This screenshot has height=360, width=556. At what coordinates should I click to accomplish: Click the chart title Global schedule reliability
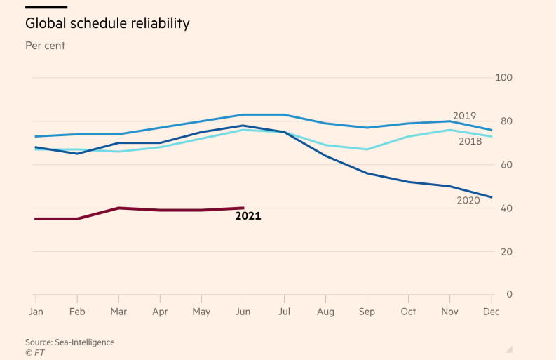(x=107, y=23)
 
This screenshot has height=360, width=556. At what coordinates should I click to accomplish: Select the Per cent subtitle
(x=46, y=46)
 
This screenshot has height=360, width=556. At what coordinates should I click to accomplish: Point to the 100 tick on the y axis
(x=504, y=78)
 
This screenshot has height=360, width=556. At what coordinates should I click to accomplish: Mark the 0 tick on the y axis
(x=508, y=295)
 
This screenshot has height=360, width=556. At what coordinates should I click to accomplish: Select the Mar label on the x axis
(x=118, y=311)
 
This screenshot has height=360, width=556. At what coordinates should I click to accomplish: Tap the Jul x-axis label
(x=285, y=311)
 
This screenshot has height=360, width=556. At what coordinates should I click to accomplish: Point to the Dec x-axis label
(x=491, y=311)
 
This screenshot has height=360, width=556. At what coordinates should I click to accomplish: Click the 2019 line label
(x=464, y=116)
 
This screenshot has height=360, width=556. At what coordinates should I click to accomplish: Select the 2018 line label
(x=470, y=142)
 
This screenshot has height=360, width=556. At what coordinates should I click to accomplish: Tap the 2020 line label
(x=468, y=201)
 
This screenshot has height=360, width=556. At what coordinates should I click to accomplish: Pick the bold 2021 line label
(x=248, y=216)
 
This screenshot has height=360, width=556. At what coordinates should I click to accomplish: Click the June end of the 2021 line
(x=243, y=208)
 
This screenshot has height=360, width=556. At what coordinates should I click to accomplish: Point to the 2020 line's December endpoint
(x=491, y=197)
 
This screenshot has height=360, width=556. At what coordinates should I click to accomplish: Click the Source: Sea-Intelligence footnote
(x=70, y=342)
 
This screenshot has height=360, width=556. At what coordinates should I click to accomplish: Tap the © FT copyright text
(x=35, y=352)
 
